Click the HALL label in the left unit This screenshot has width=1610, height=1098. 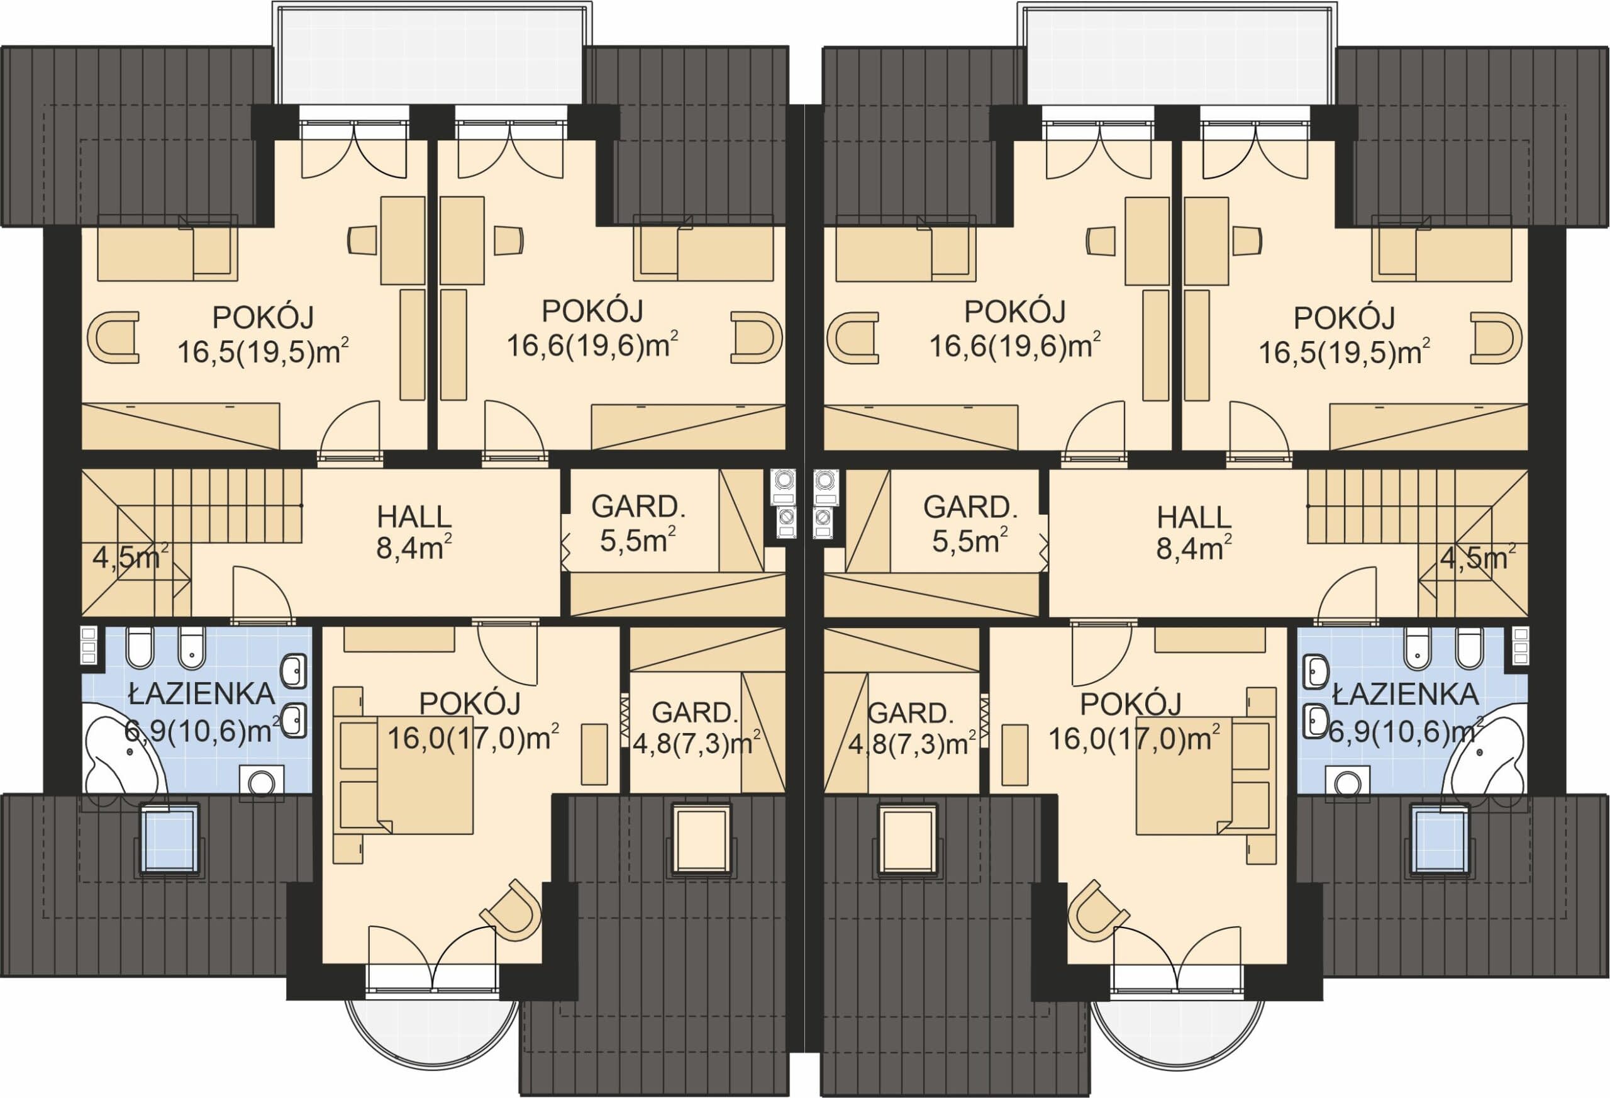(414, 517)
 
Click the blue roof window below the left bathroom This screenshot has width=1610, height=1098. (170, 840)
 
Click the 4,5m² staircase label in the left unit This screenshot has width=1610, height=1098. (130, 558)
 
